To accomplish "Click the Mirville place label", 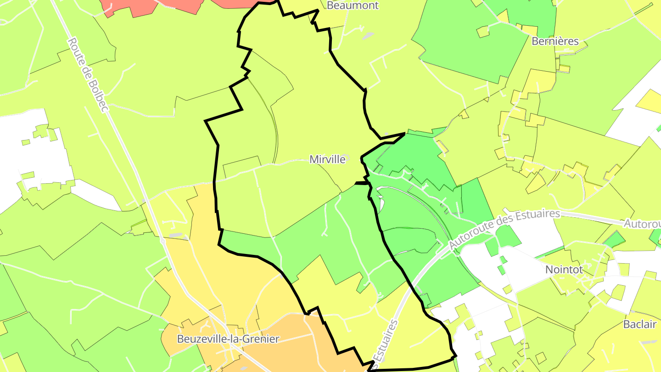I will (x=327, y=159).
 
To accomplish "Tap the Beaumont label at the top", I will (x=353, y=6).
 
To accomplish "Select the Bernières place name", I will (x=555, y=41).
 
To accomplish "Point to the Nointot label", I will (x=564, y=270).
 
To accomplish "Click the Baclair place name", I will (x=640, y=324).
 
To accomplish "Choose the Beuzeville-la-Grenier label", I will (x=228, y=339).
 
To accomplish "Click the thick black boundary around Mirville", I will (x=215, y=184).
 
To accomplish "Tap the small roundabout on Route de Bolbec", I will (x=162, y=241).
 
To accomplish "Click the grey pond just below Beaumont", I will (x=367, y=36).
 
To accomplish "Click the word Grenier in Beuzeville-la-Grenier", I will (x=263, y=339).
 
